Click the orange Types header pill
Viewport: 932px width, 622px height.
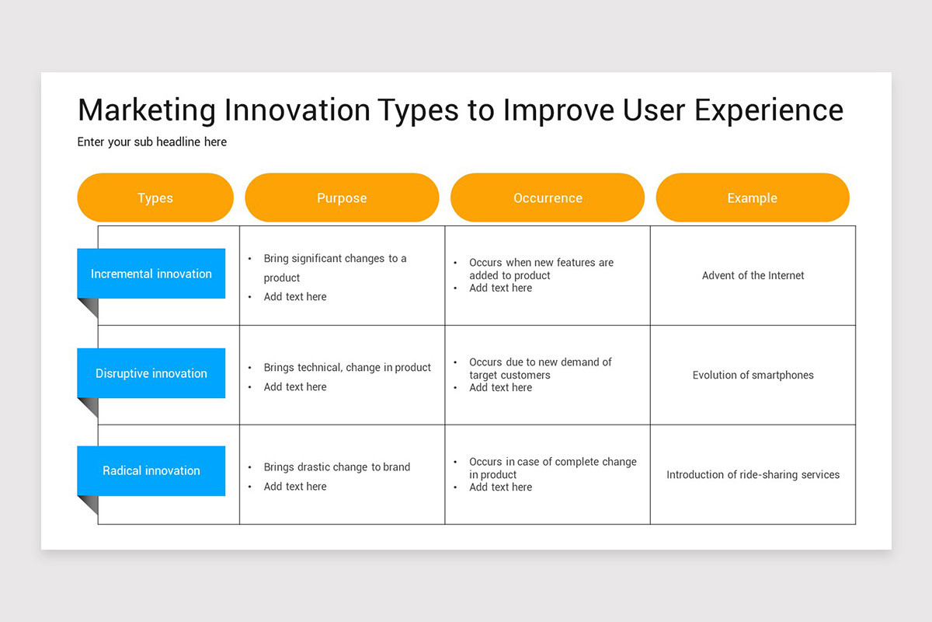point(155,197)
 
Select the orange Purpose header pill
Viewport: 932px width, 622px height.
point(342,197)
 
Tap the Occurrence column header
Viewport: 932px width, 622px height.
point(548,197)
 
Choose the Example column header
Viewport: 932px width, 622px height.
point(753,197)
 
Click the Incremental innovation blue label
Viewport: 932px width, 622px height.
point(151,274)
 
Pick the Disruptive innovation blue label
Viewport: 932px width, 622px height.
point(151,373)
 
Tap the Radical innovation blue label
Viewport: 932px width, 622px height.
point(151,470)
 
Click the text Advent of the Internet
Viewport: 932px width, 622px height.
point(753,275)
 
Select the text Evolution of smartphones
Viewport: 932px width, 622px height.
point(753,375)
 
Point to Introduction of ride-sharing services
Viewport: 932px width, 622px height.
point(753,474)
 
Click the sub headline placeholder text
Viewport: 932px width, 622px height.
point(152,142)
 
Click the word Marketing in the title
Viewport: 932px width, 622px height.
point(147,110)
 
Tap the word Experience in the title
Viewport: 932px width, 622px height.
point(769,110)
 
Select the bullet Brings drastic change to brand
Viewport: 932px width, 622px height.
point(337,467)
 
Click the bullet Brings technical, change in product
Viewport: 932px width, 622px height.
point(347,368)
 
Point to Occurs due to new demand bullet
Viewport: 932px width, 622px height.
point(541,369)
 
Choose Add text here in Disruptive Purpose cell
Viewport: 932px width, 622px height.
point(295,387)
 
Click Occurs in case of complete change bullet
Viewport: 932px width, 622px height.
point(553,468)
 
